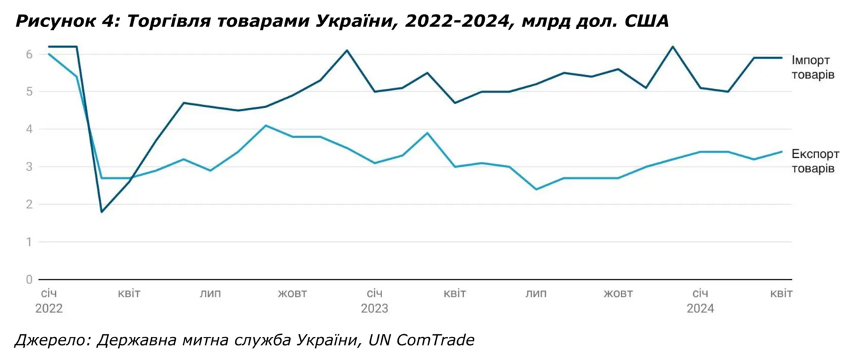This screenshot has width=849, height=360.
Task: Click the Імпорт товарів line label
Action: click(813, 67)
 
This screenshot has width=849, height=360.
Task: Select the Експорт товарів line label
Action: click(813, 162)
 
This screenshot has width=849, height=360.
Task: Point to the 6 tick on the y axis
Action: click(29, 54)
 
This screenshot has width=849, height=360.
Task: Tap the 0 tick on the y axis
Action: click(29, 279)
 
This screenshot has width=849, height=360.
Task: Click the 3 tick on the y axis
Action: click(29, 166)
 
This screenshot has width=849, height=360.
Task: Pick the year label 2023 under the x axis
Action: click(374, 308)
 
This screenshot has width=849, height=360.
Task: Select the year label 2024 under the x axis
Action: click(700, 308)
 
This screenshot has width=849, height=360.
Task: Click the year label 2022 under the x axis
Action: click(48, 308)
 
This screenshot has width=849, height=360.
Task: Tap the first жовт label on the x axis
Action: click(293, 293)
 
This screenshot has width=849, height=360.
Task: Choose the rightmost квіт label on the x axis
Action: click(781, 293)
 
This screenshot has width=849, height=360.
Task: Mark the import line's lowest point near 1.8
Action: click(102, 211)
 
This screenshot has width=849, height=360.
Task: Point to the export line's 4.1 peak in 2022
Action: click(265, 125)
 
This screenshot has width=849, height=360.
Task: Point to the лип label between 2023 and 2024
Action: click(537, 293)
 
